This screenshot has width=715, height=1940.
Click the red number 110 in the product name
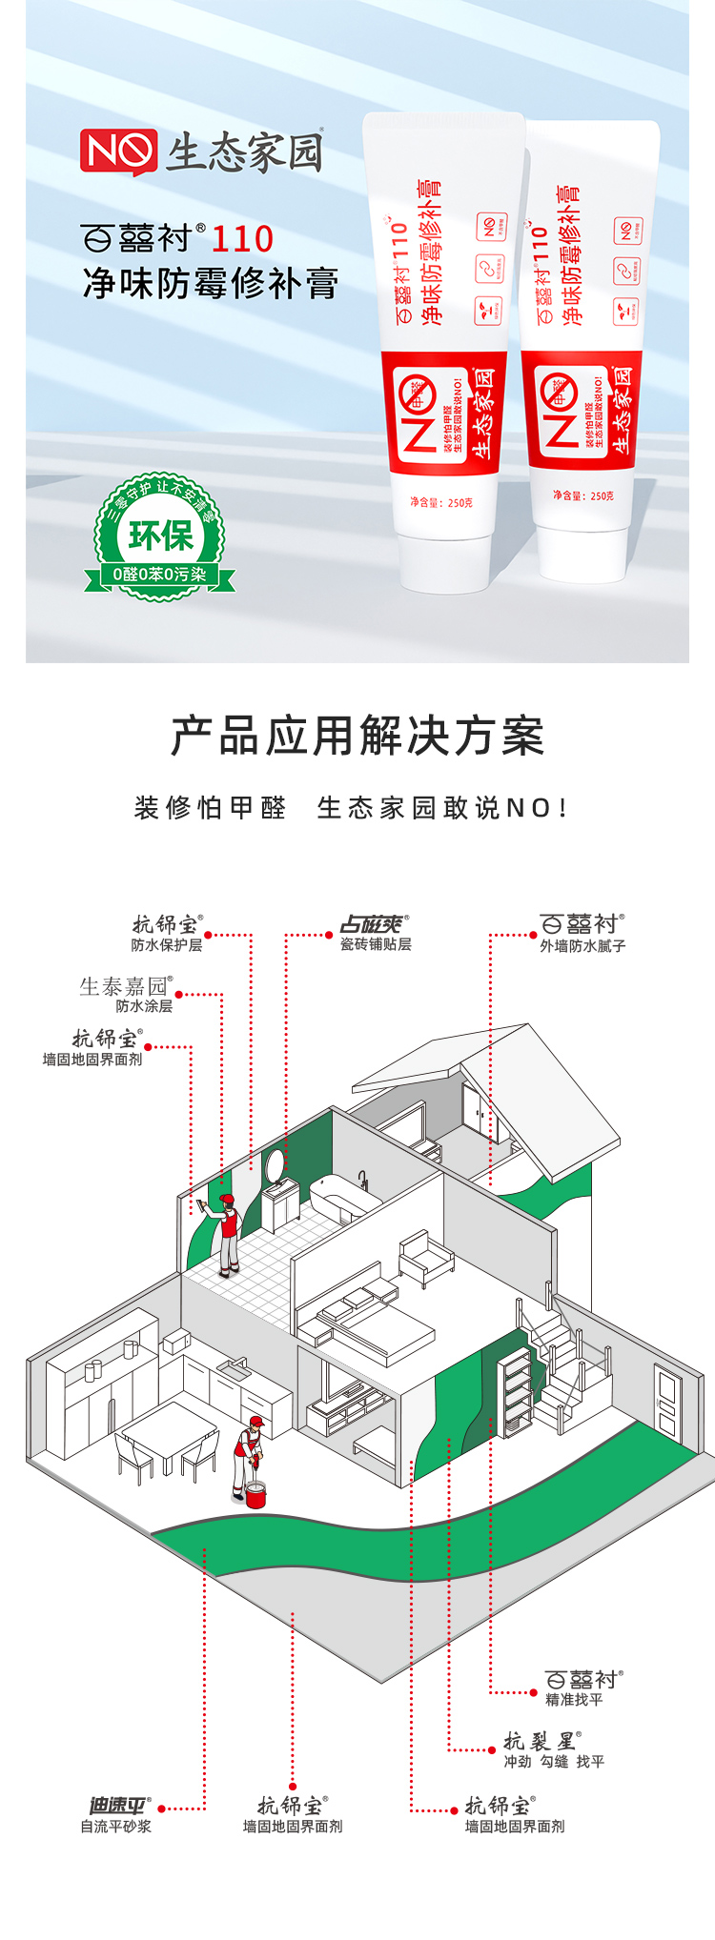coord(242,238)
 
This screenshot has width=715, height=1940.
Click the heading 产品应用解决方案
coord(357,737)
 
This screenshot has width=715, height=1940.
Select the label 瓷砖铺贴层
coord(376,944)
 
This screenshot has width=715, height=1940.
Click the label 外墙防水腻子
coord(582,946)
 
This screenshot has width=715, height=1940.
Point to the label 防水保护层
coord(167,945)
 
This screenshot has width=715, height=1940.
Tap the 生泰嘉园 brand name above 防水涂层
coord(125,986)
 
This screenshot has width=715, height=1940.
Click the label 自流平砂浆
coord(115,1827)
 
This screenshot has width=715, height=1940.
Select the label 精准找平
coord(574,1700)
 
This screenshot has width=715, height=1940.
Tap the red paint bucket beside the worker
coord(255,1495)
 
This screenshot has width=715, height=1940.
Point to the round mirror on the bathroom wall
coord(275,1165)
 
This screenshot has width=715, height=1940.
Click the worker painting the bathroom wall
coord(227,1233)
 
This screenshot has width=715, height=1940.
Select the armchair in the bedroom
coord(426,1257)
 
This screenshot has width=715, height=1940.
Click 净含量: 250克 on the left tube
coord(440,502)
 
